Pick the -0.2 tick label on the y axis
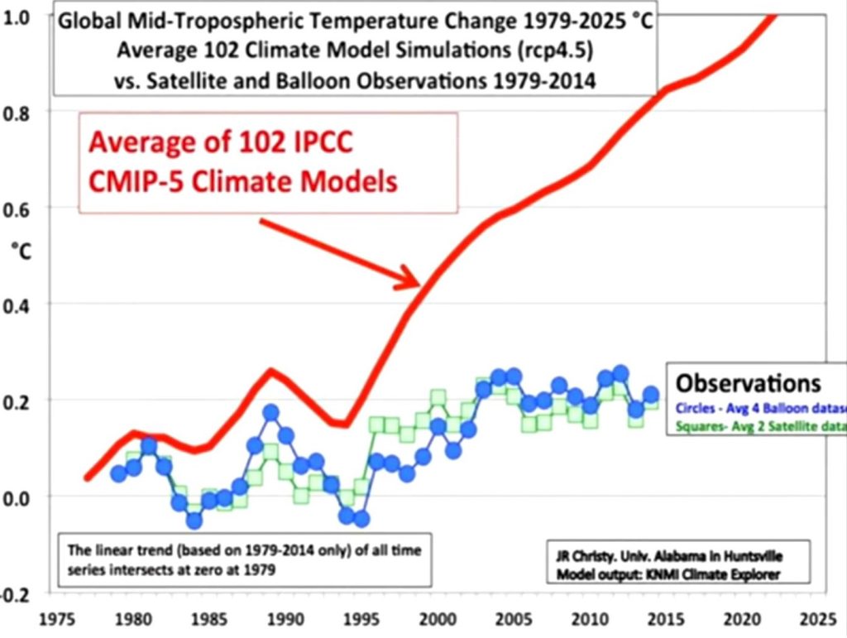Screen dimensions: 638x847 (x=15, y=593)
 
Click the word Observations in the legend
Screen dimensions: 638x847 (x=748, y=383)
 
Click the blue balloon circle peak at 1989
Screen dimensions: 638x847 (x=271, y=412)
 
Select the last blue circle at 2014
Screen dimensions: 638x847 (x=651, y=395)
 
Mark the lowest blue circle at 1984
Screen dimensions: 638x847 (x=194, y=520)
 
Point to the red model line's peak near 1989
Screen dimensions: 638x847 (x=270, y=370)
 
